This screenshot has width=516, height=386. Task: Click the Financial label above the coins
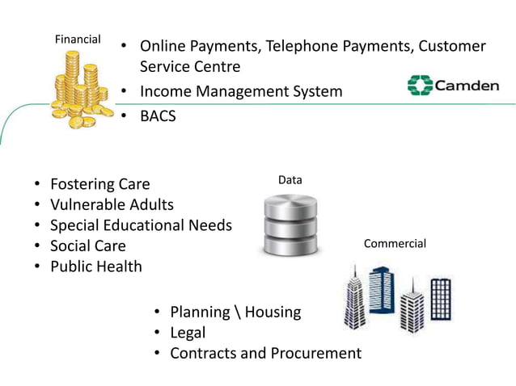coord(77,39)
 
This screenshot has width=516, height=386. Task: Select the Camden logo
coord(452,86)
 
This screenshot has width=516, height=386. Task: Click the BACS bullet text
coord(157,115)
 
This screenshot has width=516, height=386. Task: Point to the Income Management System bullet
coord(241,91)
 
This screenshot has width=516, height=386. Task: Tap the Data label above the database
coord(290,180)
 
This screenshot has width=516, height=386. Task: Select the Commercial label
coord(395,243)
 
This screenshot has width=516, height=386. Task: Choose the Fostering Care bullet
coord(99,184)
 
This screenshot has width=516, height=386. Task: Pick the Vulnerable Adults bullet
coord(112,204)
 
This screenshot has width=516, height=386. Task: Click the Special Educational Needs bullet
coord(141,225)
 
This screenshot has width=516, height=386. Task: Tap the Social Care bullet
coord(88,246)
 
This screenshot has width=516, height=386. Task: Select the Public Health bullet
coord(95,266)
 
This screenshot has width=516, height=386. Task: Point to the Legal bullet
coord(188,333)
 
